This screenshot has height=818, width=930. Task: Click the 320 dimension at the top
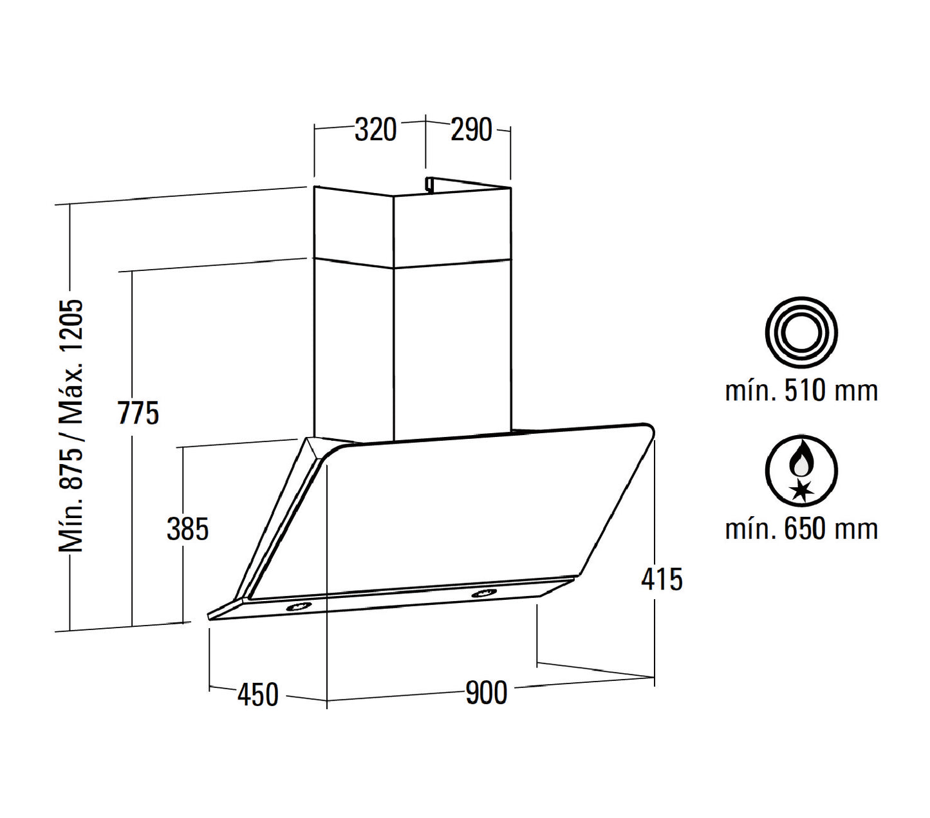(376, 130)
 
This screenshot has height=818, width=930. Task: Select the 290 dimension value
(470, 130)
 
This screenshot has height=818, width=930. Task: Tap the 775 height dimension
(138, 413)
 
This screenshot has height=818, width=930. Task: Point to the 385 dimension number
(187, 529)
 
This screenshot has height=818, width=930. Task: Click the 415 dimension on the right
(662, 579)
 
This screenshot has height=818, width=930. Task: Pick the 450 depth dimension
(258, 694)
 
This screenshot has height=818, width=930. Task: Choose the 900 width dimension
(486, 693)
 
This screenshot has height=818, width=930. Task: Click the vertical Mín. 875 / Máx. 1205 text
(71, 425)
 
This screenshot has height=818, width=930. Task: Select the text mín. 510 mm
(801, 391)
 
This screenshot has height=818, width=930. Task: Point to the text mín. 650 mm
(801, 528)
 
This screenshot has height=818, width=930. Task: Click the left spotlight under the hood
(297, 606)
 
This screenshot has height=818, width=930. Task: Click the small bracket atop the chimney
(429, 184)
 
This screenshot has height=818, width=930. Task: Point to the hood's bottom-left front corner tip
(210, 616)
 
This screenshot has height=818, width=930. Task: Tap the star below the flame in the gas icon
(801, 490)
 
